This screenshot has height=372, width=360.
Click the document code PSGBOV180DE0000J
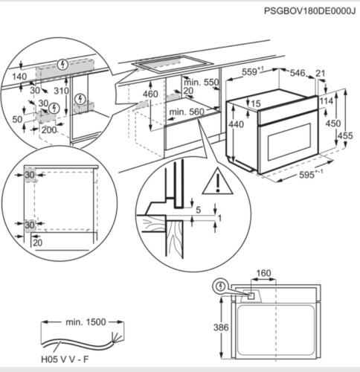pos(309,11)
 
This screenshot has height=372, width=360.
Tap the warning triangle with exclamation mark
pos(218,182)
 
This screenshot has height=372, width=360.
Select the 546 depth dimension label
pos(298,73)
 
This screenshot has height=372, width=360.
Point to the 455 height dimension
pos(345,135)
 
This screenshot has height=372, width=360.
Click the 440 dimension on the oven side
pos(237,124)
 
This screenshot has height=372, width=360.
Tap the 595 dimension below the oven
pos(306,175)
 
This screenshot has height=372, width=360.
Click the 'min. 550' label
pos(202,83)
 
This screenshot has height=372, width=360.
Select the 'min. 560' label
pos(187,112)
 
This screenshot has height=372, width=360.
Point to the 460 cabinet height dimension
pos(150,94)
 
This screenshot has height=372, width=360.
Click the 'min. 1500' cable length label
pos(86,322)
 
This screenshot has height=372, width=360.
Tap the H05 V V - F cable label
pos(65,359)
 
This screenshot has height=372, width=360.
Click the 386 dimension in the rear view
pos(221,327)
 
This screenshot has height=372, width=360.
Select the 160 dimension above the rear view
pos(263,273)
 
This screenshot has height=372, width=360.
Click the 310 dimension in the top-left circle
pos(61,91)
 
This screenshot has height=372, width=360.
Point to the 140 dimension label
pos(19,77)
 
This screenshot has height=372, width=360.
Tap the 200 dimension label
pos(49,129)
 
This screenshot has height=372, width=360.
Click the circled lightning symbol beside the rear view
pos(220,286)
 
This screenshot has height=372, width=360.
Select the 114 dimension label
pos(327,101)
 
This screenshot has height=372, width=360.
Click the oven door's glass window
pos(289,142)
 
